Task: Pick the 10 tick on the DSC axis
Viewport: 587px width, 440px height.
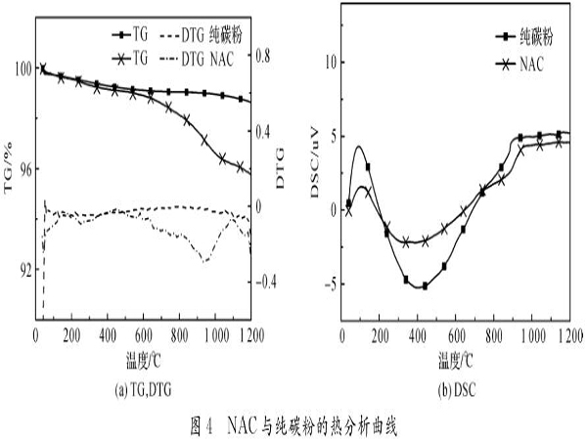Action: coord(329,62)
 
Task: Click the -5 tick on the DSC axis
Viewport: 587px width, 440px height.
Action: coord(328,285)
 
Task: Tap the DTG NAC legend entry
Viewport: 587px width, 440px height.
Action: coord(221,60)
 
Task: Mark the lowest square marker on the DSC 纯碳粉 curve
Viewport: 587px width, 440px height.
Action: coord(425,286)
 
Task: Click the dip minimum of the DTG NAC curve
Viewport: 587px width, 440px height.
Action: coord(204,261)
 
